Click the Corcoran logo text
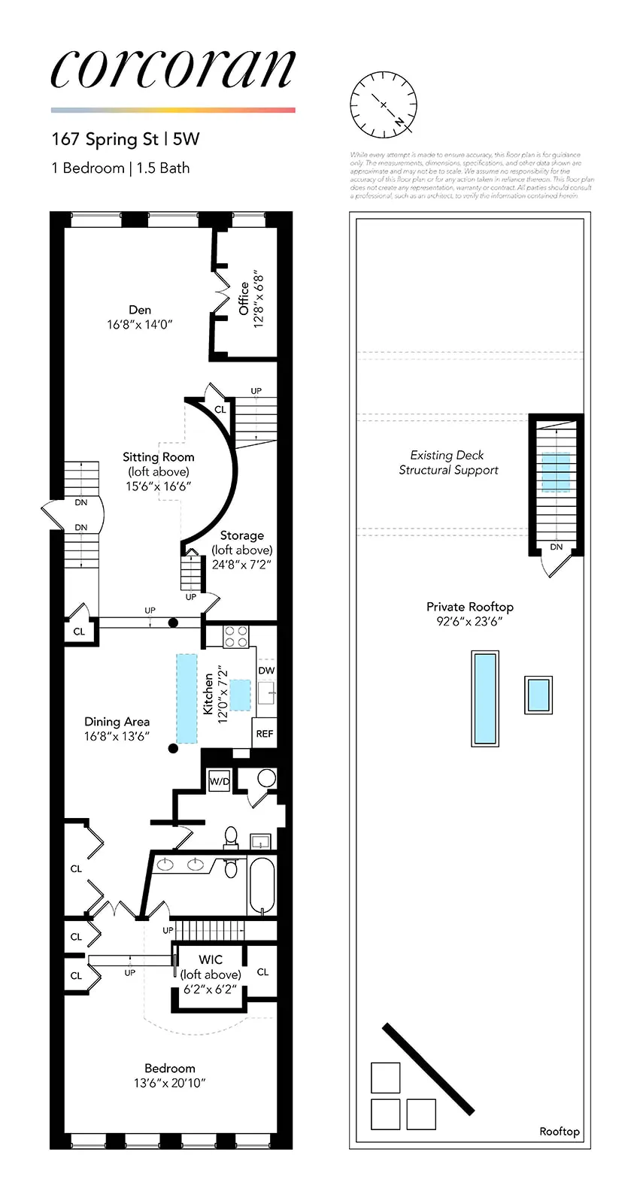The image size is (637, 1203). (x=173, y=69)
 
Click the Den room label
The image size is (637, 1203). (x=140, y=310)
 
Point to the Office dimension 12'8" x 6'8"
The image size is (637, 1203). (x=259, y=298)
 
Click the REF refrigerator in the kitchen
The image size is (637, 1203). (x=265, y=733)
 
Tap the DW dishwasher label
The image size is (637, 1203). (x=266, y=670)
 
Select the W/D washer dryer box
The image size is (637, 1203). (x=219, y=781)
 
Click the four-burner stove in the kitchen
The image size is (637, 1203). (x=237, y=636)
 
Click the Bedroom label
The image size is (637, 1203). (x=170, y=1068)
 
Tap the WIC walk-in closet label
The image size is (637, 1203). (x=211, y=959)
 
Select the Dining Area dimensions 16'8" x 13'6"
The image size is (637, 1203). (x=117, y=737)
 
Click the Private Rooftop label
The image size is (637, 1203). (x=469, y=607)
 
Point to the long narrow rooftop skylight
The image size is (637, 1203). (x=484, y=698)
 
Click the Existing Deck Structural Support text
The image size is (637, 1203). (x=448, y=462)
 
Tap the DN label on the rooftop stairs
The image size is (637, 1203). (x=556, y=547)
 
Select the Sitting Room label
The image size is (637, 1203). (x=159, y=457)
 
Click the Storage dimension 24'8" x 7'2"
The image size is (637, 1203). (x=241, y=565)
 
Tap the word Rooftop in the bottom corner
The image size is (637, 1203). (x=560, y=1131)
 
